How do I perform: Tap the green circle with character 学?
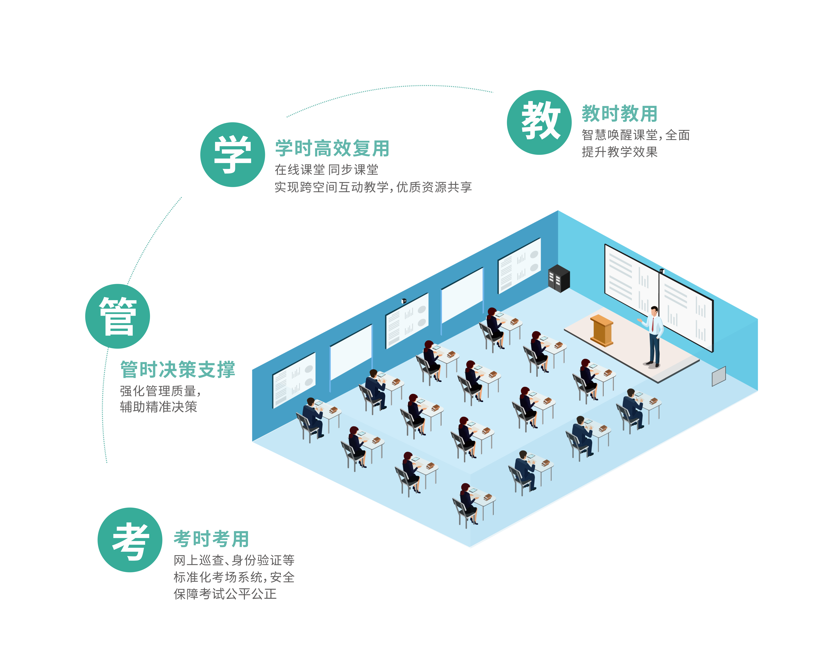tap(232, 154)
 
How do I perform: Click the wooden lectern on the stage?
tap(601, 330)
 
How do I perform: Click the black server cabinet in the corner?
tap(559, 278)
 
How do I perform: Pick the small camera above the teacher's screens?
tap(662, 271)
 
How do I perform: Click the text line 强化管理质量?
tap(160, 391)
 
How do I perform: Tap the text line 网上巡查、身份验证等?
tap(234, 560)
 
